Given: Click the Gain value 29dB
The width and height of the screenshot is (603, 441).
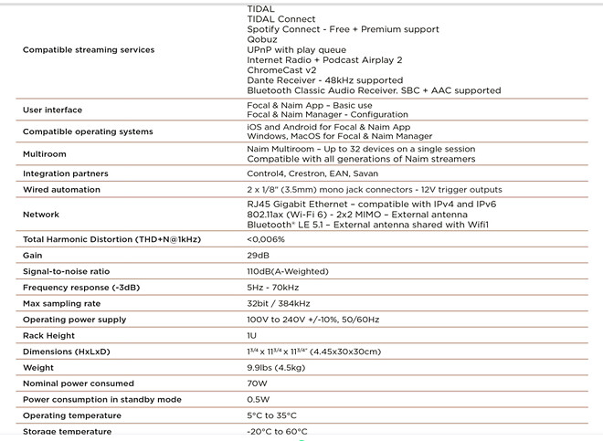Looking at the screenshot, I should point(259,256).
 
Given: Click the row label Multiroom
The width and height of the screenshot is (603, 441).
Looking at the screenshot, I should point(45,153).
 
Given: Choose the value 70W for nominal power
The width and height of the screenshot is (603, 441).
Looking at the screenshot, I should point(259,383).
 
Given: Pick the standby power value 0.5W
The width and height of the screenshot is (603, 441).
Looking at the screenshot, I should point(259,399).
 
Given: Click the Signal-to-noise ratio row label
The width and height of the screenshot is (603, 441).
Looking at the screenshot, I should point(66,271).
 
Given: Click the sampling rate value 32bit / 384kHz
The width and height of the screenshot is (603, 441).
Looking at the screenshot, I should point(279,303).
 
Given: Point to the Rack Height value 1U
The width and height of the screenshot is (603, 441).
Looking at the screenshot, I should point(252,335).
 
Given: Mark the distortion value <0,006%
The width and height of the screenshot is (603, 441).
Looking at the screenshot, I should point(266,239).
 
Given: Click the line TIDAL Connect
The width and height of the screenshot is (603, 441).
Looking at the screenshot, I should point(281,19).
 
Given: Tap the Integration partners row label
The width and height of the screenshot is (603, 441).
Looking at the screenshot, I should point(66,173).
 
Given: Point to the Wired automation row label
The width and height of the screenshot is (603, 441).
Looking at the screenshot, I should point(61,189).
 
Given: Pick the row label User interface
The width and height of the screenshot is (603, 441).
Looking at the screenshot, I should point(52,110).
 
